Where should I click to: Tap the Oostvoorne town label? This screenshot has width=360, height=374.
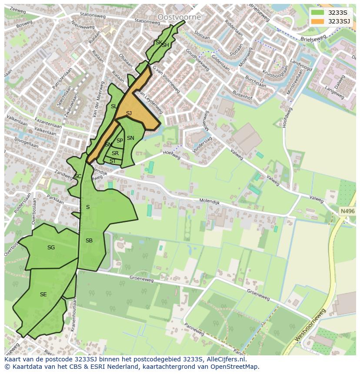179,17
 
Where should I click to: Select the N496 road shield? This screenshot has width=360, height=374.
347,211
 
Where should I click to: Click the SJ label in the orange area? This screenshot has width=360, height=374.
129,113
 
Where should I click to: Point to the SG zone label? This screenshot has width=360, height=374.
51,248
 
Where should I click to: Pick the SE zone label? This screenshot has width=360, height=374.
43,295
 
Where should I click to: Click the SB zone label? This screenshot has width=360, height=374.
89,241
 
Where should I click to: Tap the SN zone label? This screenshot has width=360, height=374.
130,138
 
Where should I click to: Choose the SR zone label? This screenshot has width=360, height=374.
115,153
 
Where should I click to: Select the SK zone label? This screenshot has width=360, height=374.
158,43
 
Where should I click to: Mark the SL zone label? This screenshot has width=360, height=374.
113,106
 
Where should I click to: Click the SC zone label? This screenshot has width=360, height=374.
78,176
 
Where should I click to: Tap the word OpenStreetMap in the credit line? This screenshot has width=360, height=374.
234,367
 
